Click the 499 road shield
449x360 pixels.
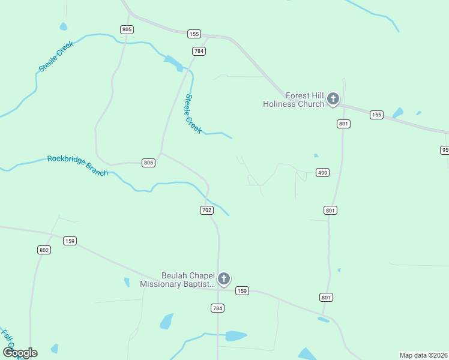[x=322, y=173]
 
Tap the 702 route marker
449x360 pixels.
[x=206, y=210]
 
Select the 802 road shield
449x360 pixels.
[x=44, y=250]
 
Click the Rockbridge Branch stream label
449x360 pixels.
[x=77, y=166]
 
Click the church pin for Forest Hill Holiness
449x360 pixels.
[x=333, y=99]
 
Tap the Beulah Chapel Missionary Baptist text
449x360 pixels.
[x=177, y=280]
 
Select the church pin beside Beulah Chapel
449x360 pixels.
[x=224, y=279]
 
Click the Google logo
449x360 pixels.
[x=20, y=352]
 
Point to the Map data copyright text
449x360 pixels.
[x=424, y=355]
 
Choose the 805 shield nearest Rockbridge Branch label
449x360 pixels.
[x=149, y=163]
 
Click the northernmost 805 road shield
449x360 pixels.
[x=127, y=29]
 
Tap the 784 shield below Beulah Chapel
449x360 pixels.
[x=217, y=308]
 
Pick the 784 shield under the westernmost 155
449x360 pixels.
[x=199, y=51]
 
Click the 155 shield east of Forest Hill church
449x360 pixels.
[x=376, y=115]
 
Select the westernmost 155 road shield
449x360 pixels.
[x=193, y=34]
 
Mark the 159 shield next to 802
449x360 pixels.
[x=70, y=241]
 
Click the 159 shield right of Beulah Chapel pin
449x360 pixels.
[x=242, y=290]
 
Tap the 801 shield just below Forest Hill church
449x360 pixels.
[x=343, y=124]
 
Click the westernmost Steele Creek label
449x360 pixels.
[x=56, y=56]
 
